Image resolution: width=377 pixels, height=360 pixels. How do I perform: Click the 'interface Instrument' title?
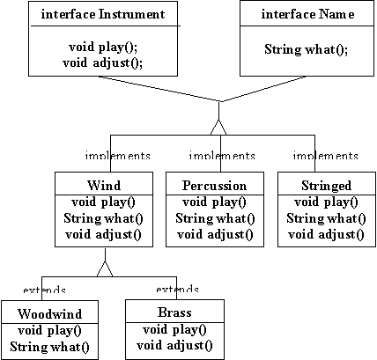[103, 14]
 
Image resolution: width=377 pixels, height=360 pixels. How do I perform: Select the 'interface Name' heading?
[307, 14]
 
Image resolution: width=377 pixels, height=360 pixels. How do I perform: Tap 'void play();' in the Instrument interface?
[103, 47]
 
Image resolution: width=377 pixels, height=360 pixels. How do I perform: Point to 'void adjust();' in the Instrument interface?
[103, 62]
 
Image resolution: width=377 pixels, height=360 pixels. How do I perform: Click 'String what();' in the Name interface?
[306, 49]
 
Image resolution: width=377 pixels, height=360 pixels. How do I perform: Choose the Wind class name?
[104, 186]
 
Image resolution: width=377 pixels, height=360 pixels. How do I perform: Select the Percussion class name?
[214, 186]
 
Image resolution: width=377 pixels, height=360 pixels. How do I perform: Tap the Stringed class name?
[326, 186]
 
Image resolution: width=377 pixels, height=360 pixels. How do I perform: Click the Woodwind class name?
[49, 313]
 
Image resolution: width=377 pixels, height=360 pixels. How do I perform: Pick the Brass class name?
[174, 312]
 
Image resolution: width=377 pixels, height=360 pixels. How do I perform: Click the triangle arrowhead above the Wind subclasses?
[105, 268]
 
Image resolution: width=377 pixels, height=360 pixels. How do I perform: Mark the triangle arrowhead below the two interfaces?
[218, 128]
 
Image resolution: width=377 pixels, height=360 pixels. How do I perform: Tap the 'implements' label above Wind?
[117, 156]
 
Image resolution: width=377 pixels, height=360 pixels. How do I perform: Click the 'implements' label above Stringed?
[325, 156]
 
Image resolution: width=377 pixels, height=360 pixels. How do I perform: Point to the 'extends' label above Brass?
[177, 290]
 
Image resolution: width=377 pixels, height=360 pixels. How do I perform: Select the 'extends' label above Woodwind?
[44, 290]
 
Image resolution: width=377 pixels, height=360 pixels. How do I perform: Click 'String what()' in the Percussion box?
[215, 218]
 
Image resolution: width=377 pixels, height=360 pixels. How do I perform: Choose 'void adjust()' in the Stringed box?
[326, 235]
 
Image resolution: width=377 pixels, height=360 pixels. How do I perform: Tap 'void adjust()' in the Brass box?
[174, 345]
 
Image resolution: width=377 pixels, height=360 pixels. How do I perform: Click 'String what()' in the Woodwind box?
[49, 347]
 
